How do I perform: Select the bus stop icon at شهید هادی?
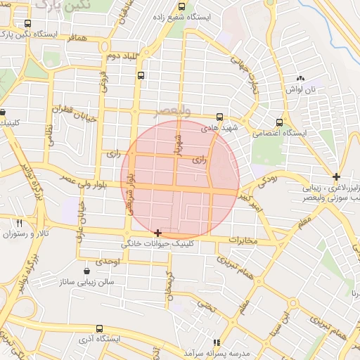tap(220, 117)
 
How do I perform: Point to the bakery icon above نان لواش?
tap(301, 78)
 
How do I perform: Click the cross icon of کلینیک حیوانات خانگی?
tap(157, 233)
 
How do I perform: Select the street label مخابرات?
tap(244, 240)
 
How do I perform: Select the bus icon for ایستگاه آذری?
tap(98, 328)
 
